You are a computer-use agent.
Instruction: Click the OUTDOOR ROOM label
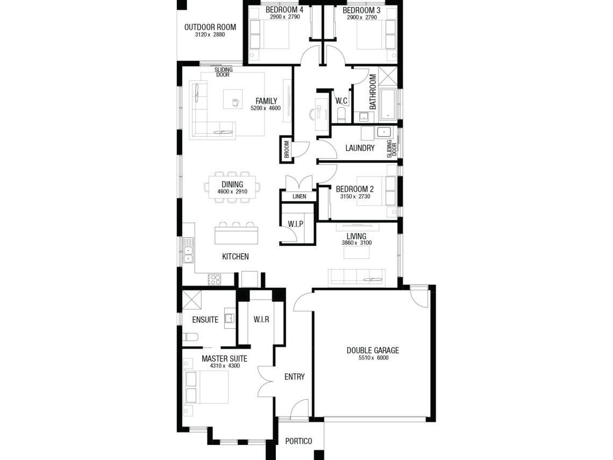pos(210,27)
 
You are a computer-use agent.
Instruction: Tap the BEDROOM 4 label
pos(284,10)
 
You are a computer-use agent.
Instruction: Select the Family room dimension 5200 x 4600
pos(266,108)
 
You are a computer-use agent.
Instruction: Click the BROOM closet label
pos(287,149)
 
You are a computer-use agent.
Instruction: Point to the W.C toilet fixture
pos(341,114)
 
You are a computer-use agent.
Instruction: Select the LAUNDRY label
pos(360,148)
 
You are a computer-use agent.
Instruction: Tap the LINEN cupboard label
pos(299,196)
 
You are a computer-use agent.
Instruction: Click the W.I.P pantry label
pos(296,224)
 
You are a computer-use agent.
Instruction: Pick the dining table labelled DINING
pos(232,188)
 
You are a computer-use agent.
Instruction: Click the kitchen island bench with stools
pos(237,233)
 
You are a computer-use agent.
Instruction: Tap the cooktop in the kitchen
pos(214,279)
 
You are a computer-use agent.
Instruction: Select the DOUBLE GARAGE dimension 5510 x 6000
pos(373,358)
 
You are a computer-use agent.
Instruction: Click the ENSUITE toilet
pos(190,337)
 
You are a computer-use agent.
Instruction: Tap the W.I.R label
pos(261,320)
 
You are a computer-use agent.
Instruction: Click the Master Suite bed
pos(206,387)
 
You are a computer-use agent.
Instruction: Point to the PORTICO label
pos(298,441)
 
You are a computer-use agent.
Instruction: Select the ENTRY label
pos(294,377)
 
